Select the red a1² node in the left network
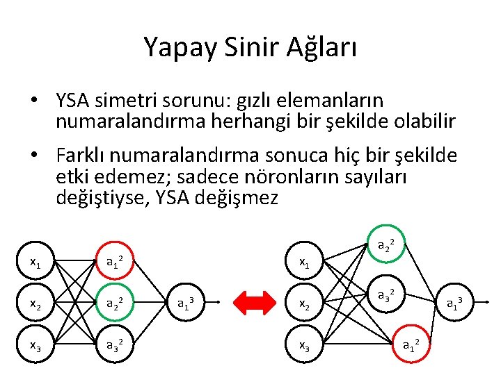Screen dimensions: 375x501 point(115,262)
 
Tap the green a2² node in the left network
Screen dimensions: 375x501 point(115,302)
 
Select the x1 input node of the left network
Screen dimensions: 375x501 point(35,262)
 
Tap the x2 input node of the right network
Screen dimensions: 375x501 point(304,302)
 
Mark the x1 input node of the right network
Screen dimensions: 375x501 point(304,262)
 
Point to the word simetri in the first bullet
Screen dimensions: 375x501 point(115,102)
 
